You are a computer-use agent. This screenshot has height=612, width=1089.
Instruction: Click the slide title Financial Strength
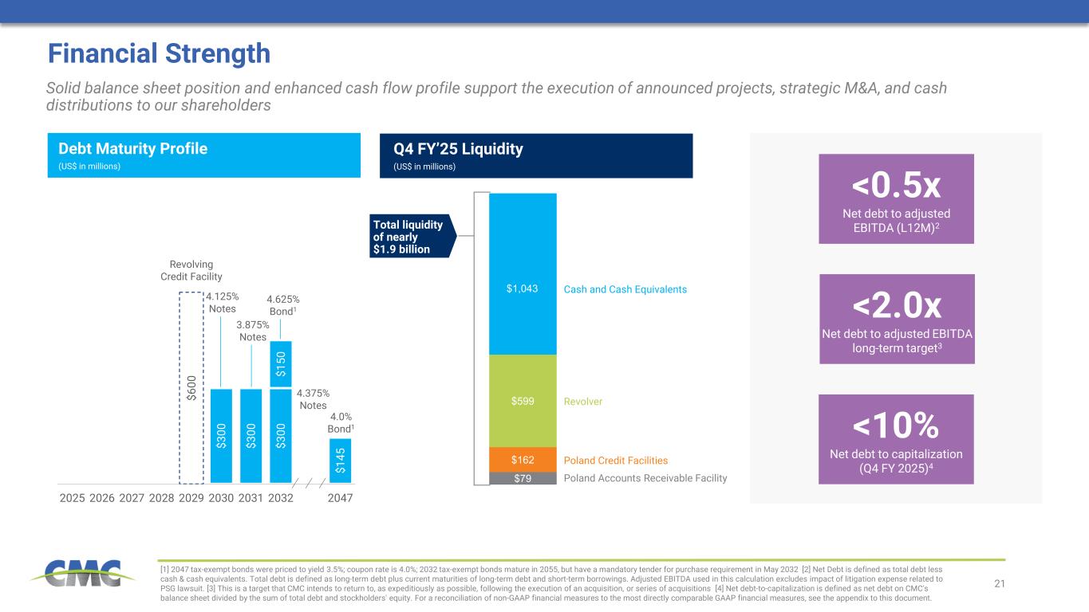pos(159,53)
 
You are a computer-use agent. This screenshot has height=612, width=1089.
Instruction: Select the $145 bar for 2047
pos(340,461)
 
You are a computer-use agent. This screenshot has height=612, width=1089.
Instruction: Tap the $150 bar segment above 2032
pos(281,364)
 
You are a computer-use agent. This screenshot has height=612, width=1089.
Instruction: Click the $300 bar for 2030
pos(221,435)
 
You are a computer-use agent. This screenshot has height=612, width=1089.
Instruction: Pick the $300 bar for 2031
pos(251,435)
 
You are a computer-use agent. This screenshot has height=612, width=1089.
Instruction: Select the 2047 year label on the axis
pos(340,498)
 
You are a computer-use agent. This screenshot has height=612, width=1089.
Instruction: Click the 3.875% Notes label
pos(252,331)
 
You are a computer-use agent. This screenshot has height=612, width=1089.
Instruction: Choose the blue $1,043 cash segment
pos(523,273)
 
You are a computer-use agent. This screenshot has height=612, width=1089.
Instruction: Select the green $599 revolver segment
pos(523,401)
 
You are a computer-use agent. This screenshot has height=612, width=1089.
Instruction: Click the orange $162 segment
pos(523,459)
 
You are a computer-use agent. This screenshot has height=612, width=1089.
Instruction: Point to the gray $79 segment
pos(523,478)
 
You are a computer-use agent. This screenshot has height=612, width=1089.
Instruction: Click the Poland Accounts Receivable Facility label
pos(645,478)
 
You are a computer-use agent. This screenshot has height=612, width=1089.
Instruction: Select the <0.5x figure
pos(897,185)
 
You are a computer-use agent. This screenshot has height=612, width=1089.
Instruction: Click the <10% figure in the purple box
pos(896,426)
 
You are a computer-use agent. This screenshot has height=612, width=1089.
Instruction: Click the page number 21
pos(1000,585)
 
